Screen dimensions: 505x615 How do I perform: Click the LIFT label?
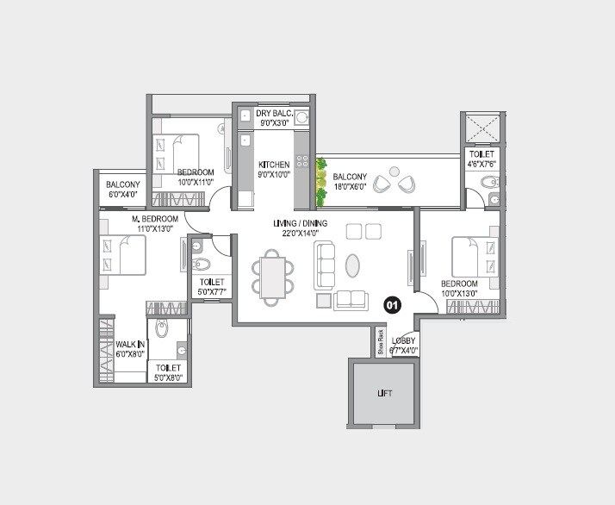[x=385, y=394]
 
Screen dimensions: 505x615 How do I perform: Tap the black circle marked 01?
[x=392, y=304]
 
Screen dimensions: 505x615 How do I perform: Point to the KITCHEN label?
[x=275, y=164]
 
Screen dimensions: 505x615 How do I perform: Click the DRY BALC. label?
[x=275, y=114]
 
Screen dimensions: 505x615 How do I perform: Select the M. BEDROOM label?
[x=155, y=219]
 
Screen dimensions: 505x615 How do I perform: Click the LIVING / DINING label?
[x=296, y=223]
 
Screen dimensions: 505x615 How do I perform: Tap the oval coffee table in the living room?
[x=353, y=265]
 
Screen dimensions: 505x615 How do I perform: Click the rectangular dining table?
[x=273, y=277]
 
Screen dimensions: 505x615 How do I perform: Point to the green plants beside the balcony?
[x=321, y=181]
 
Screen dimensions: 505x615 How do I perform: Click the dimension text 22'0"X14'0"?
[x=296, y=233]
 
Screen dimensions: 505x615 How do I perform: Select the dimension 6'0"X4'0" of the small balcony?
[x=123, y=195]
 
